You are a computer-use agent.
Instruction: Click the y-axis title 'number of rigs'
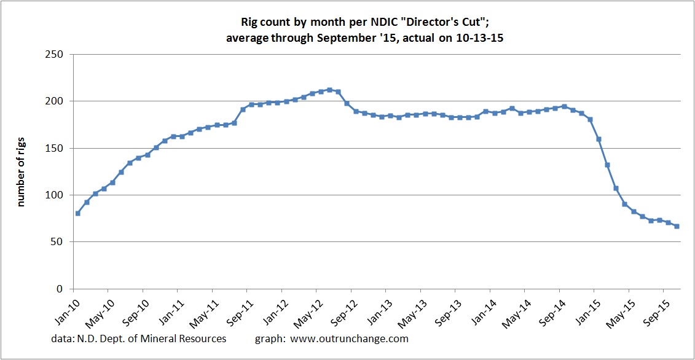point(21,171)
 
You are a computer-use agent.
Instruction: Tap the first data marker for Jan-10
point(77,213)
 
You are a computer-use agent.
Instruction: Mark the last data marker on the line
point(677,226)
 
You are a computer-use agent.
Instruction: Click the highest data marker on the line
point(330,90)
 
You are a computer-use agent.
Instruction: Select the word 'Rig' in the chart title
point(249,23)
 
